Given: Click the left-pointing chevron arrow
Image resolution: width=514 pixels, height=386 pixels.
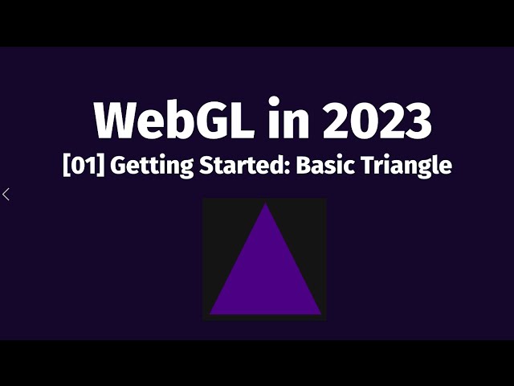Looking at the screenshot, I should pyautogui.click(x=6, y=194).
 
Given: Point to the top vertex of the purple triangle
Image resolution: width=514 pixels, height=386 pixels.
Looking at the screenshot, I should pyautogui.click(x=265, y=205).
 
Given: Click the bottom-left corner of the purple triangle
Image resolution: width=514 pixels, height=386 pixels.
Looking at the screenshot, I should pyautogui.click(x=211, y=313).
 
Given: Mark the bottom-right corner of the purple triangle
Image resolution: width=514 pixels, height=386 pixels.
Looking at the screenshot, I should pyautogui.click(x=320, y=313).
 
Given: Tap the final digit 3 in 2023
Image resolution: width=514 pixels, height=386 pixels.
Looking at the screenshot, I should pyautogui.click(x=417, y=121).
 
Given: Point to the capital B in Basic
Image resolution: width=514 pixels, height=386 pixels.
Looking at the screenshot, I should pyautogui.click(x=304, y=166).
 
